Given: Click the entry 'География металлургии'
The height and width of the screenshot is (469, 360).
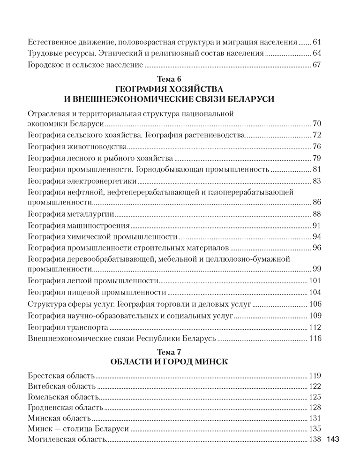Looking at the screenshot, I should click(71, 214).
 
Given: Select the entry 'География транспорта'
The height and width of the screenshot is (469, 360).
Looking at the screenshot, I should click(68, 326).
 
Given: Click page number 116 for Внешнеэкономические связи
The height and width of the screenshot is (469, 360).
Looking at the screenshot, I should click(314, 338).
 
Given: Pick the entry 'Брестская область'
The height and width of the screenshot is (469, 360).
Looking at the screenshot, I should click(61, 376).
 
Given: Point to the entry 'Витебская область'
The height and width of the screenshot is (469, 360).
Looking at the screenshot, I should click(62, 386).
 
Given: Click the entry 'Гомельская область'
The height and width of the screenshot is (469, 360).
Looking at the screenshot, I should click(63, 397).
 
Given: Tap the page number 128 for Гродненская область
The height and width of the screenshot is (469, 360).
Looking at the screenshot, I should click(314, 408).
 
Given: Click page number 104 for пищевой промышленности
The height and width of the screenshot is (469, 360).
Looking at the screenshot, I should click(314, 293).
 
